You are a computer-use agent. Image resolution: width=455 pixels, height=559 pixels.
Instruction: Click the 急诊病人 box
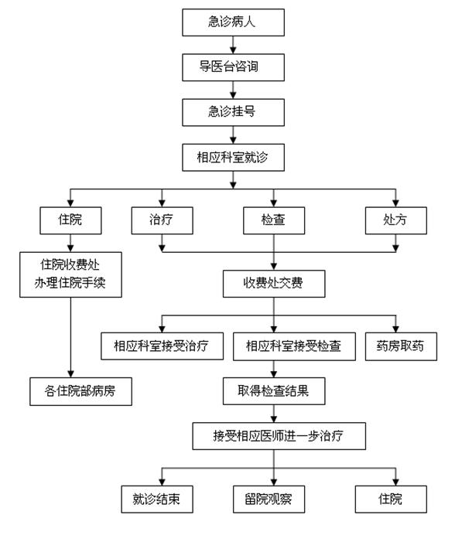(x=232, y=22)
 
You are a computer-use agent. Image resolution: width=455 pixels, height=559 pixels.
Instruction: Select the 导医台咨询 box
(x=232, y=67)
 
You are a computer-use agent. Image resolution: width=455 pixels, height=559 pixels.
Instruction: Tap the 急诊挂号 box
(x=232, y=112)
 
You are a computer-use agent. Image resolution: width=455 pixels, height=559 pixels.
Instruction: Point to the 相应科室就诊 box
(x=232, y=158)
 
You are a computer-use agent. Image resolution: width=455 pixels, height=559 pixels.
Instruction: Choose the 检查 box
(x=273, y=220)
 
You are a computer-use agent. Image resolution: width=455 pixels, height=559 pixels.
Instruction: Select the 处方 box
(x=395, y=220)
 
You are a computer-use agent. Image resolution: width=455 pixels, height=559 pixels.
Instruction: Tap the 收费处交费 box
(x=273, y=284)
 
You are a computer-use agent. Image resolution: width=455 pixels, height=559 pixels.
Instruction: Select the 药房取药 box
(x=400, y=346)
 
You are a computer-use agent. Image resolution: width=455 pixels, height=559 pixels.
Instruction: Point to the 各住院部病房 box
(x=80, y=391)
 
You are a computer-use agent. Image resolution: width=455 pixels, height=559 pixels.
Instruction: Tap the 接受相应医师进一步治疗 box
(x=279, y=436)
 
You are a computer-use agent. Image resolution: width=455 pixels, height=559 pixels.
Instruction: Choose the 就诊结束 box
(x=156, y=499)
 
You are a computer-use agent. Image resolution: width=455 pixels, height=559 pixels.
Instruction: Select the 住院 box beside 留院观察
(x=391, y=499)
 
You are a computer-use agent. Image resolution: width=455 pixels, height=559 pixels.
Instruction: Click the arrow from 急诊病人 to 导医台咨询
(x=232, y=44)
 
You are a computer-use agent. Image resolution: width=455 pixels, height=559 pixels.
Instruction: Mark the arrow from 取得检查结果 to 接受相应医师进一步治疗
(x=273, y=414)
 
